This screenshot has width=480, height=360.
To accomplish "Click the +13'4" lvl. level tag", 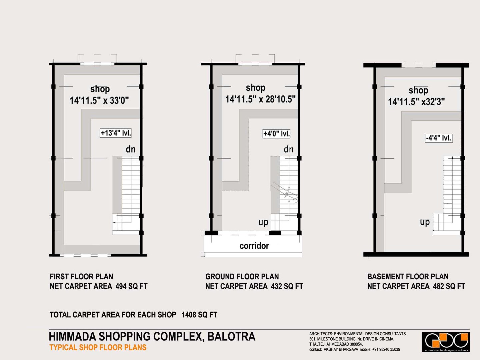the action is (x=115, y=133).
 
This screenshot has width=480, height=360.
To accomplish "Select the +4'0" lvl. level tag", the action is (x=276, y=134).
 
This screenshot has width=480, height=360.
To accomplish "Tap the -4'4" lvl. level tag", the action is (x=439, y=138).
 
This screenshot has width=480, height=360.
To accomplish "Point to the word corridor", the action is (x=254, y=246).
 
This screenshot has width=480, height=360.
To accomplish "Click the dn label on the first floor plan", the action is (x=131, y=149).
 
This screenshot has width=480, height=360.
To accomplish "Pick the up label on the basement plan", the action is (x=425, y=222).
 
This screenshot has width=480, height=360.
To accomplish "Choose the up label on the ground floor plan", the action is (x=263, y=223).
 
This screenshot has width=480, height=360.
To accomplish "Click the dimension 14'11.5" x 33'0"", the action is (x=99, y=101).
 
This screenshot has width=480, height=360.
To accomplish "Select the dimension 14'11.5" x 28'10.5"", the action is (x=260, y=99).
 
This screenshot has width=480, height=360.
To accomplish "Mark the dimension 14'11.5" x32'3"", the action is (x=416, y=102).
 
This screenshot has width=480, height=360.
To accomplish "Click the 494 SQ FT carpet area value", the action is (x=131, y=286).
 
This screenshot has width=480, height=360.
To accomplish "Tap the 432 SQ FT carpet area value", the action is (x=287, y=286).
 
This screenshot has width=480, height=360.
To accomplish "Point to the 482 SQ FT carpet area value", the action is (x=449, y=286).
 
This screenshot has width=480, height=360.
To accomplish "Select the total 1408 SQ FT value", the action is (x=199, y=315).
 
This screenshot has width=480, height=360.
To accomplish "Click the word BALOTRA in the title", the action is (x=231, y=336).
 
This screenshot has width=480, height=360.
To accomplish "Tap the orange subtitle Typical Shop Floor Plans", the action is (x=98, y=348).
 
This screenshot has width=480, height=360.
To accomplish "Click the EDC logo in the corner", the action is (x=446, y=342).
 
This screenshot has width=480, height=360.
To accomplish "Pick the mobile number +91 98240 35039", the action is (x=386, y=350).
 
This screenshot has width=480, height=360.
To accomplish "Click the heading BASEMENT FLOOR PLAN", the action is (x=408, y=277).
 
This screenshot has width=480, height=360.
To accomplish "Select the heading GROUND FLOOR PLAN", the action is (x=242, y=277).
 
